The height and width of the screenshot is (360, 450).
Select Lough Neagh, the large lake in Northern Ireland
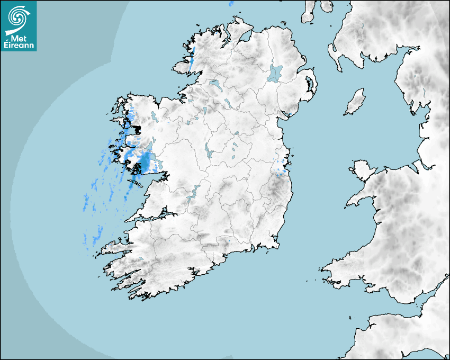275,73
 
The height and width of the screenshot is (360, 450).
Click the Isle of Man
355,102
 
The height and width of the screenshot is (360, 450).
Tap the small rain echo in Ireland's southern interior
229,241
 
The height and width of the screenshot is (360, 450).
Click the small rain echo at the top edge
231,4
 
